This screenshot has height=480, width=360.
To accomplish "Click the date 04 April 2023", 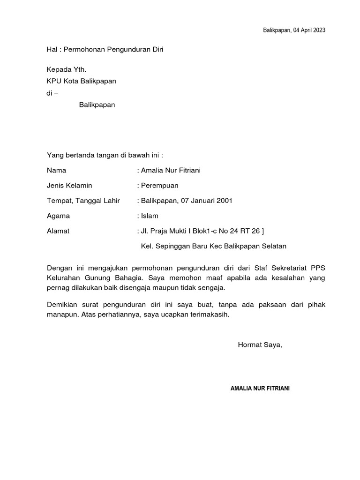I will (x=309, y=30).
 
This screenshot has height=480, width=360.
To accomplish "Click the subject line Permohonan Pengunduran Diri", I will (x=113, y=49).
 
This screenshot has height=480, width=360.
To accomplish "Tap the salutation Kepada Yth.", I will (x=66, y=69).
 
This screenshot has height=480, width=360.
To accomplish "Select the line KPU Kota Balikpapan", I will (x=81, y=81).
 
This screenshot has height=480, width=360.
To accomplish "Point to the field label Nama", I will (x=57, y=170).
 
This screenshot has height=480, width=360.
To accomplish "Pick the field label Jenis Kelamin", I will (x=69, y=186).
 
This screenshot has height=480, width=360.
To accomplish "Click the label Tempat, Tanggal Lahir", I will (x=83, y=201).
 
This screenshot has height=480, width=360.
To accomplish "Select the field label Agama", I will (x=59, y=216).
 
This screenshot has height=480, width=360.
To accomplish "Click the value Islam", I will (x=150, y=216).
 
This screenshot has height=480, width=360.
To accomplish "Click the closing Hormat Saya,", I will (x=260, y=345).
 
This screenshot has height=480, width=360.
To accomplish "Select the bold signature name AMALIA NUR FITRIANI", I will (x=260, y=389).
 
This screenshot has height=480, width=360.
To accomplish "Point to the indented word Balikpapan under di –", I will (x=97, y=105).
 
